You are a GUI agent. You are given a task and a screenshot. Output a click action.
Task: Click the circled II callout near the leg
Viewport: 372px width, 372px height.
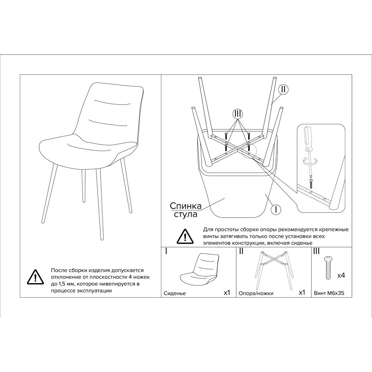(x=283, y=90)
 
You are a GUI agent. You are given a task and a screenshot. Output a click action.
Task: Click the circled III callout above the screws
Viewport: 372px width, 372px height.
(x=237, y=114)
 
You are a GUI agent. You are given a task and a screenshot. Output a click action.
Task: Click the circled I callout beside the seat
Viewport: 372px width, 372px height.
(x=276, y=209)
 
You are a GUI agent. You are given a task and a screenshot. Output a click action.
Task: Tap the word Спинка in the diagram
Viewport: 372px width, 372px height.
(x=186, y=206)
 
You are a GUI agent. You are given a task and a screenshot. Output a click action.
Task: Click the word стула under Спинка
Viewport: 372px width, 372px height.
(x=186, y=214)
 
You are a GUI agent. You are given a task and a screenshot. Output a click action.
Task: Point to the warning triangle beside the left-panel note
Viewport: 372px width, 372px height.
(x=35, y=277)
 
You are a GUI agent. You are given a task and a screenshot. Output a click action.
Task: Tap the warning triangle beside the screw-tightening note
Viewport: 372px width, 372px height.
(x=185, y=236)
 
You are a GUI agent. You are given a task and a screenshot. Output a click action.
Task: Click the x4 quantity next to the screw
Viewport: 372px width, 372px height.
(x=341, y=275)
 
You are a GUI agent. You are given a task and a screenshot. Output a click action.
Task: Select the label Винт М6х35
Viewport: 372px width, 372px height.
(x=329, y=293)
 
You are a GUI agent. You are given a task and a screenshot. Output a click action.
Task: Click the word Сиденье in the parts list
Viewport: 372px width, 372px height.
(x=174, y=294)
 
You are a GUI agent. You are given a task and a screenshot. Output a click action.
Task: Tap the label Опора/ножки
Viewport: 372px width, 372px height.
(x=256, y=294)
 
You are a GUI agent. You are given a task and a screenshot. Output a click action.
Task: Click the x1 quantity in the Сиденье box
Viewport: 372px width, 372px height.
(x=227, y=292)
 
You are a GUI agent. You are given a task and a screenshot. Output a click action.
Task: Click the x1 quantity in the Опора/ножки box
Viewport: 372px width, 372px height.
(x=302, y=292)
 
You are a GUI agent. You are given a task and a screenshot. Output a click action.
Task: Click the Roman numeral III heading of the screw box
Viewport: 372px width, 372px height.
(x=317, y=251)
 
